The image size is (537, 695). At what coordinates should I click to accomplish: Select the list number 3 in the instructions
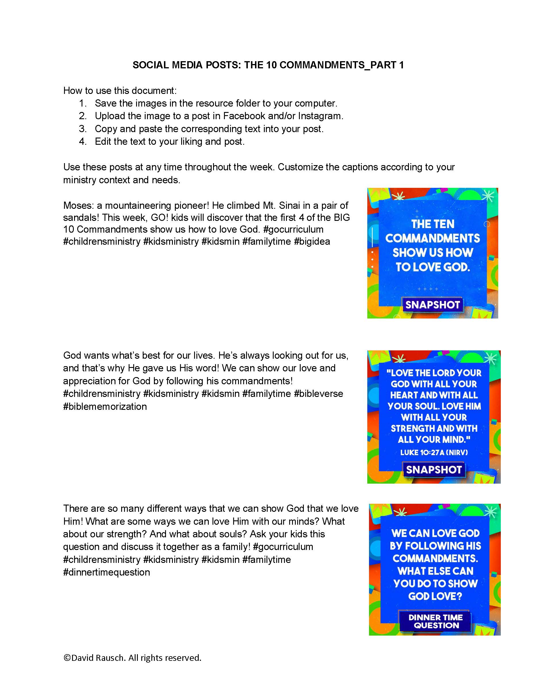click(83, 129)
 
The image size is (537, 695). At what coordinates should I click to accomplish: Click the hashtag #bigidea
click(312, 242)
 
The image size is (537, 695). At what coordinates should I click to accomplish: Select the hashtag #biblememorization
click(105, 406)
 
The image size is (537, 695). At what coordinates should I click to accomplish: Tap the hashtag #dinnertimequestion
click(107, 572)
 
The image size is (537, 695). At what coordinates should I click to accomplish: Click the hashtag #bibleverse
click(318, 394)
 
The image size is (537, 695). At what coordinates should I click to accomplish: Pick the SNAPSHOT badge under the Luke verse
click(434, 469)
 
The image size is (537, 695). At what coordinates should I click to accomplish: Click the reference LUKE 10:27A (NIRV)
click(434, 452)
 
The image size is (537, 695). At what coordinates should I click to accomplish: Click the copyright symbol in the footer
click(67, 658)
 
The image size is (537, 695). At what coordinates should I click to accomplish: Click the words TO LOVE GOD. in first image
click(433, 267)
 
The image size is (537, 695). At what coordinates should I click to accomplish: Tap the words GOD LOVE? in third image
click(435, 596)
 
